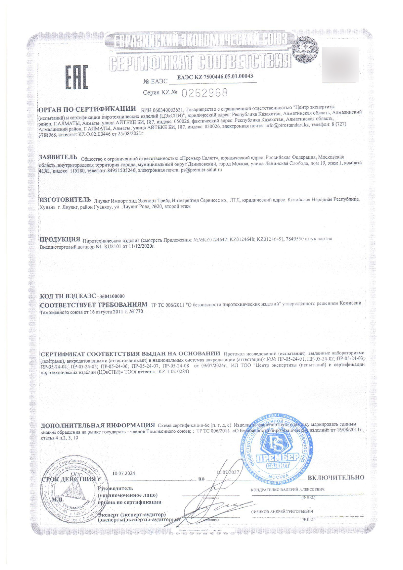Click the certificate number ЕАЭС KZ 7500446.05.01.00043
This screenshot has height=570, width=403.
[215, 77]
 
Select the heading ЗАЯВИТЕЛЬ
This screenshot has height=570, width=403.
[58, 157]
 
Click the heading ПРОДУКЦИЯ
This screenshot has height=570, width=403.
[60, 239]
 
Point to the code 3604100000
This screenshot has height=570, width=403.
[112, 296]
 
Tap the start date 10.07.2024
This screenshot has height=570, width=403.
[123, 473]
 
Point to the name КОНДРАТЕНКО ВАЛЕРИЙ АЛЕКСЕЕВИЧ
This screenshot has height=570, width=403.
[288, 489]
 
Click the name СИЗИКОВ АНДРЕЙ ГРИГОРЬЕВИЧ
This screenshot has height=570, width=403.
[282, 511]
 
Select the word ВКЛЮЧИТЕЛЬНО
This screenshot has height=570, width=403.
[336, 477]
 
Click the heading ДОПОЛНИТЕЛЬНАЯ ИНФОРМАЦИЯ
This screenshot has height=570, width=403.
[97, 425]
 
